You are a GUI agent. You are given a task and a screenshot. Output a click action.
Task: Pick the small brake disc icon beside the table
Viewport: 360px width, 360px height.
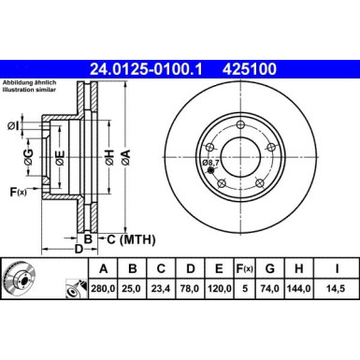[x=18, y=278]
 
